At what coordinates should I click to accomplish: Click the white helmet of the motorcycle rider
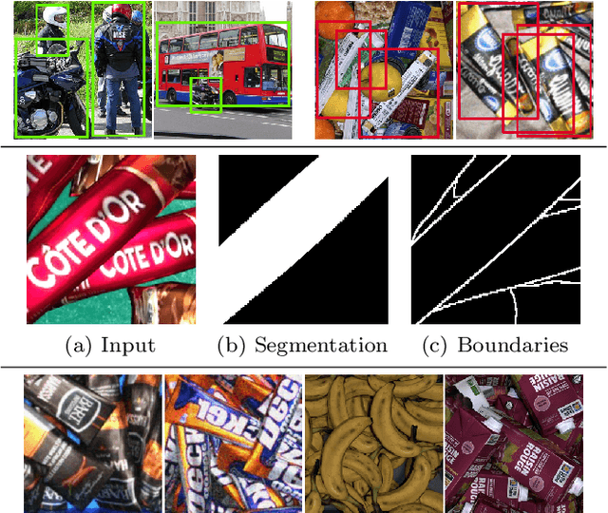[x=53, y=16]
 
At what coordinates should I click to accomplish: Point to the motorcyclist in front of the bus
[x=203, y=94]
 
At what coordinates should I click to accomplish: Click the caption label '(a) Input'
[x=110, y=345]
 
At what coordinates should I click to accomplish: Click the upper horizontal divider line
[x=304, y=145]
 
